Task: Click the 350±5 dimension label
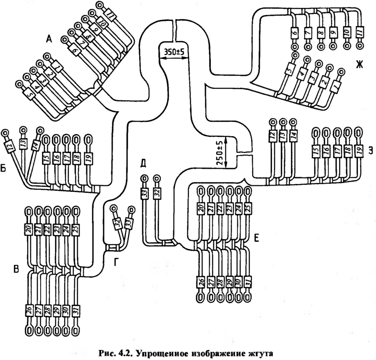(176, 53)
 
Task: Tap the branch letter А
(49, 37)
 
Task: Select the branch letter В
(16, 269)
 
